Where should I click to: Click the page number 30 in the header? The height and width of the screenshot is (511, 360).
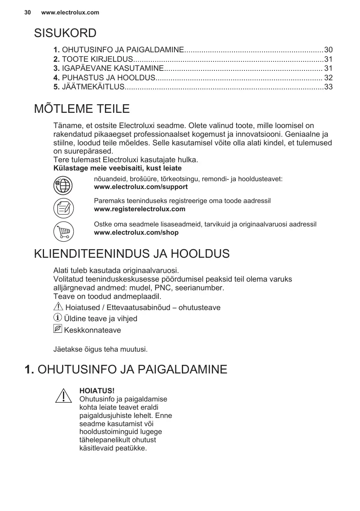click(28, 12)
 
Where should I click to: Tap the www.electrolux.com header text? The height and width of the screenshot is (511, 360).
click(70, 12)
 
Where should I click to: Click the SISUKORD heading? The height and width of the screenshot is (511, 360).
click(65, 33)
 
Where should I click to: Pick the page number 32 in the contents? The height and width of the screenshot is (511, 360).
click(328, 77)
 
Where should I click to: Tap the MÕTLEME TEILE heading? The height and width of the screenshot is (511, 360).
click(81, 109)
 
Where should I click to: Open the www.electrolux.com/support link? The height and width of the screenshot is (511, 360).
click(141, 187)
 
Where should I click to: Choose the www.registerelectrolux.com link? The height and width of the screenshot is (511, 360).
click(139, 209)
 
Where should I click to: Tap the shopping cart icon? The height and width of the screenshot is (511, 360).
click(63, 231)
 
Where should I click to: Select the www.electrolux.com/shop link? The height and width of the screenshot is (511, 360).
click(136, 233)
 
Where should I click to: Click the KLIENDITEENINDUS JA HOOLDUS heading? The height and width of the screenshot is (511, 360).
click(132, 254)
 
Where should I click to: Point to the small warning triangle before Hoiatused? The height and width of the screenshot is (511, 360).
click(58, 307)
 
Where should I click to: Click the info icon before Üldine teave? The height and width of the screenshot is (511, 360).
click(58, 318)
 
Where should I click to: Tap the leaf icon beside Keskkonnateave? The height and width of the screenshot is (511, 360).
click(58, 329)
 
